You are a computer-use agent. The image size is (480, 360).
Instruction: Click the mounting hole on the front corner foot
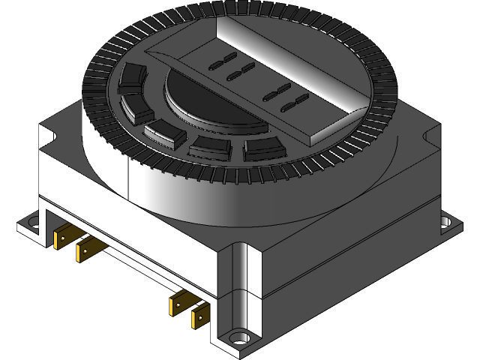pos(240,337)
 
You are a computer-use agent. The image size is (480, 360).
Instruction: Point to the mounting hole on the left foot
pos(32,222)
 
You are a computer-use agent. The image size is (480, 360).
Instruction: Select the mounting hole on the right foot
pos(445,221)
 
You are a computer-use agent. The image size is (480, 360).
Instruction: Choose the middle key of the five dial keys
pos(165,133)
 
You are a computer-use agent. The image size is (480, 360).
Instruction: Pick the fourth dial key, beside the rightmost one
pos(209,145)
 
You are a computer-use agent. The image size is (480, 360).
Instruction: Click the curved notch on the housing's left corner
pos(51,136)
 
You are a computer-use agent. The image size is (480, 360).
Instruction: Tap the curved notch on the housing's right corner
pos(433,135)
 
